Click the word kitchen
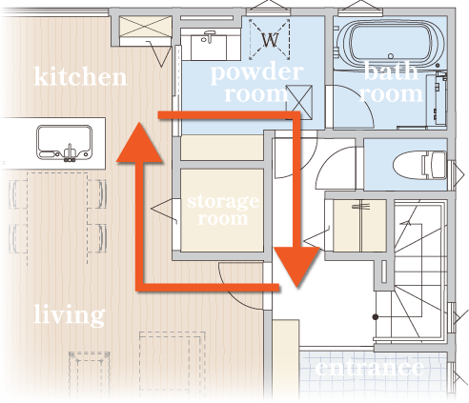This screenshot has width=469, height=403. tap(80, 76)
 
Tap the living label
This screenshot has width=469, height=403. tap(70, 314)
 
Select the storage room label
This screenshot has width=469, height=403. tap(223, 210)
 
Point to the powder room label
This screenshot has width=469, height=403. tap(256, 83)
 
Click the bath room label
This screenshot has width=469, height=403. tap(392, 82)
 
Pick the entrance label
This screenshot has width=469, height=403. tap(370, 368)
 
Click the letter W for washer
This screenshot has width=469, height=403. tap(270, 40)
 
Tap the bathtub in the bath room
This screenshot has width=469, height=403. tap(391, 44)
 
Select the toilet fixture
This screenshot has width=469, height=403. tap(419, 165)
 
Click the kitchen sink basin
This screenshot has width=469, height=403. tap(64, 142)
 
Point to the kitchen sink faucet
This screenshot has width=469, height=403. tap(70, 153)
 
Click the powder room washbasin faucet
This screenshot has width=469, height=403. tap(209, 36)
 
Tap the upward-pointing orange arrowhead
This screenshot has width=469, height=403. tap(139, 143)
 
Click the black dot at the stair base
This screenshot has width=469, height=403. tap(376, 317)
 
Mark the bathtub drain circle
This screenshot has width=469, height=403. tap(391, 56)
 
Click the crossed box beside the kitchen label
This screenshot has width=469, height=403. tap(146, 27)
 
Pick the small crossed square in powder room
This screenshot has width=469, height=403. tap(299, 102)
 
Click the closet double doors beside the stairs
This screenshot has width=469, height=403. tap(359, 226)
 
